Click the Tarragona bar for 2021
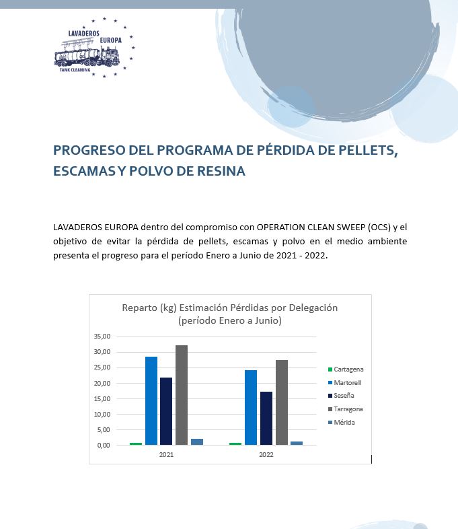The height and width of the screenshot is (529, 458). [182, 395]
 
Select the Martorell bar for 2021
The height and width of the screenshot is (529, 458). [151, 401]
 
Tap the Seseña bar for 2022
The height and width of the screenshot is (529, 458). [266, 419]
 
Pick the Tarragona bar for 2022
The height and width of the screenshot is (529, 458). [281, 402]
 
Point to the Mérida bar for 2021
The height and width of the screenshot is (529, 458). [197, 442]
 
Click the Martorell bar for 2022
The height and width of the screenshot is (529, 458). [251, 408]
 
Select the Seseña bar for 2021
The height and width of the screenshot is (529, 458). [166, 411]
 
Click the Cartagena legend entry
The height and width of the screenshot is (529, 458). [346, 369]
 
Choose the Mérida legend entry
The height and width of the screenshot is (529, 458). [342, 423]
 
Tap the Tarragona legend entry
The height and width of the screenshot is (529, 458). [346, 409]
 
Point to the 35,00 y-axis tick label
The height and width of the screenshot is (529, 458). [102, 337]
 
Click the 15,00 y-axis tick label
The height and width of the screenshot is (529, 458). [102, 399]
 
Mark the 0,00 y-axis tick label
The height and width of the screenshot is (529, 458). [104, 446]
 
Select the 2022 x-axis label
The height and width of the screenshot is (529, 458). [266, 455]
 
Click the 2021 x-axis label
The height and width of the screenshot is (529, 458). [166, 455]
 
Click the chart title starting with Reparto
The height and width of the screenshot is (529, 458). [230, 314]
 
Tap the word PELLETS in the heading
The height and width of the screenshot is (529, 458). [368, 150]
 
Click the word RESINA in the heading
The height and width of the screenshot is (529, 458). [221, 171]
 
